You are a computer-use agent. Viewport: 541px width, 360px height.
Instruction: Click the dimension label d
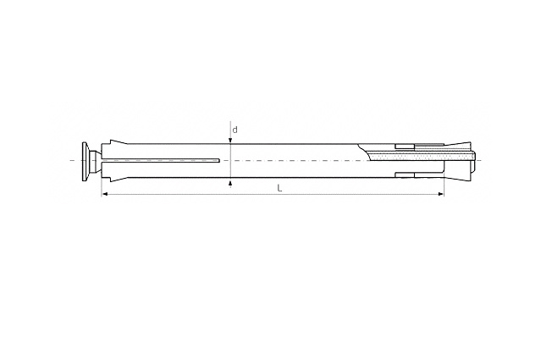235,130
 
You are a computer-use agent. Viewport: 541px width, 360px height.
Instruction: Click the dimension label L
280,188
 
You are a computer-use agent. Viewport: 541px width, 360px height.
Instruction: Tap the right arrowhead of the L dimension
440,194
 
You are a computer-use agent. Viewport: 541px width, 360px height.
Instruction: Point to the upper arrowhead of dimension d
230,141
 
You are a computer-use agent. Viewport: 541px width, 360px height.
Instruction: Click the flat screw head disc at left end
84,160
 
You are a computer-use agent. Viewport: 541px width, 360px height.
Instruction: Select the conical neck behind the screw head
93,160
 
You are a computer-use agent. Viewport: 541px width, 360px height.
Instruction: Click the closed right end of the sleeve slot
219,160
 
